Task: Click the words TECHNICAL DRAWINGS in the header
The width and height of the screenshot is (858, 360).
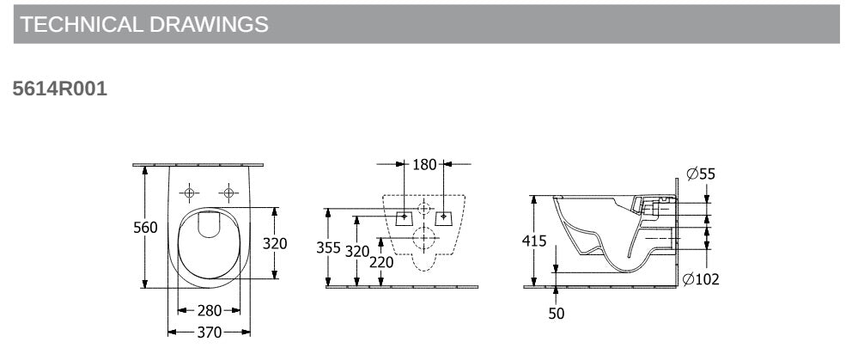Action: point(144,25)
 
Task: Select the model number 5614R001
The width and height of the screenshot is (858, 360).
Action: point(60,88)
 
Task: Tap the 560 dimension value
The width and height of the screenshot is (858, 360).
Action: point(145,228)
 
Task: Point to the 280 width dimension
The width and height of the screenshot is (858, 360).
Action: point(210,310)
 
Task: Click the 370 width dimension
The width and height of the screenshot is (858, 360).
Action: point(210,332)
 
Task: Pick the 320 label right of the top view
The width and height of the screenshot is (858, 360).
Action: point(275,243)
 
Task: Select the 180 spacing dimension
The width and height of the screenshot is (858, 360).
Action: point(424,164)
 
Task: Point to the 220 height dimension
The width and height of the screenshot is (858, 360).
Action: point(380,263)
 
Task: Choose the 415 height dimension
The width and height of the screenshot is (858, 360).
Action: point(534,241)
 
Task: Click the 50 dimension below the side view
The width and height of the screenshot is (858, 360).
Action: point(557,314)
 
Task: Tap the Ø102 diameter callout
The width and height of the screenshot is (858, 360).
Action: point(701,279)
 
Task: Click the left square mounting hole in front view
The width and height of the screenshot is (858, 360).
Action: point(405,217)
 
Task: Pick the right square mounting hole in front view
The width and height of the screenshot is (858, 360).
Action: point(444,217)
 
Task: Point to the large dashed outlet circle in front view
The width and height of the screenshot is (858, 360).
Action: point(424,240)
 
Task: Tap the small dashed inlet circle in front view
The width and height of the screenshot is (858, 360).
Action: point(424,209)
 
